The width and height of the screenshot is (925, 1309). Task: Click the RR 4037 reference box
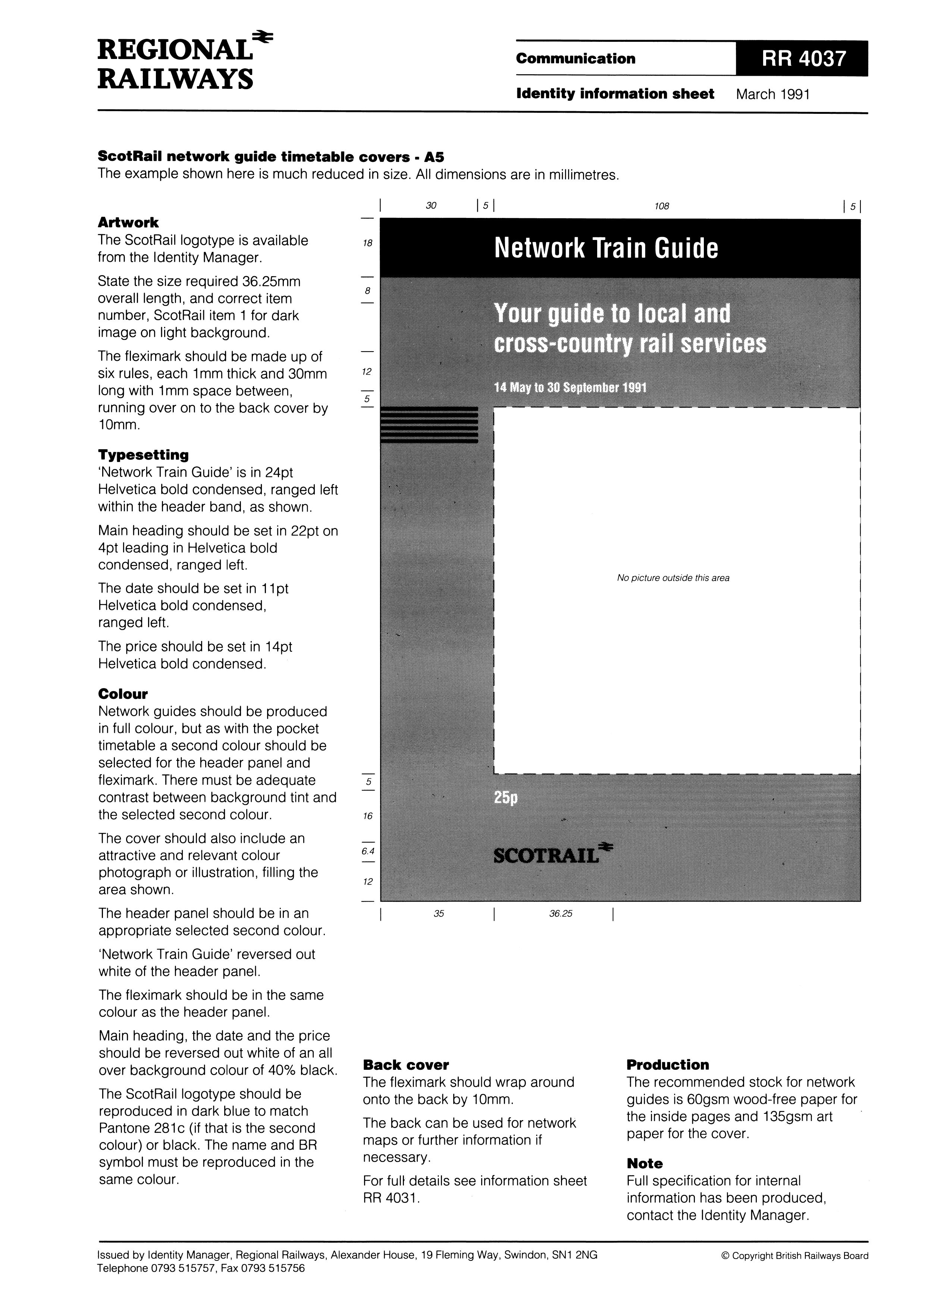(801, 59)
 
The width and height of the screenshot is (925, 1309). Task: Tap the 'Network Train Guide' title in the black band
(606, 248)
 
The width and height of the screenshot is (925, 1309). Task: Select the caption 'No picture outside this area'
(672, 578)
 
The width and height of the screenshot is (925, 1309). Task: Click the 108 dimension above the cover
(661, 206)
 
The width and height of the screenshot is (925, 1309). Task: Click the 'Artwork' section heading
(128, 222)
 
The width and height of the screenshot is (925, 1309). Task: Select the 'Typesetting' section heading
(143, 455)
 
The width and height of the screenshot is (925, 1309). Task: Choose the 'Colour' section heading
(123, 694)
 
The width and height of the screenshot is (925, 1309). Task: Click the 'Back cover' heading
(406, 1065)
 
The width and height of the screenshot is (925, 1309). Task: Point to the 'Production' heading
(667, 1065)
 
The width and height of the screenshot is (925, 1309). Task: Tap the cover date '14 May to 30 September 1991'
(570, 388)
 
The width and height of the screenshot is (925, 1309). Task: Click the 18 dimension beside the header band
(368, 243)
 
